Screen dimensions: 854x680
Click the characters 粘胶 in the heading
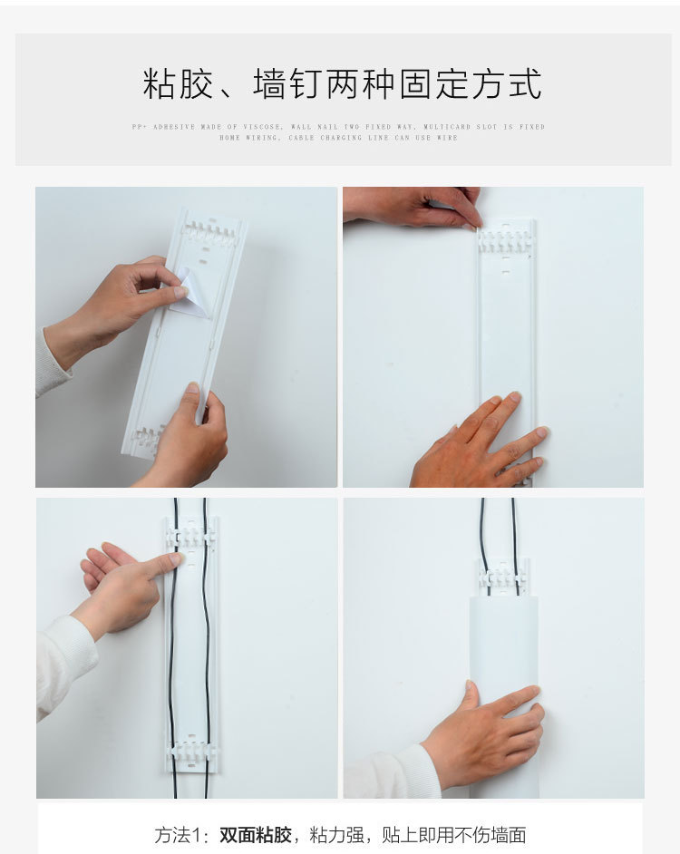179,84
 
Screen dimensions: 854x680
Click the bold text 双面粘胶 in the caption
255,835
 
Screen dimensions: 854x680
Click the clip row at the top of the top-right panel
506,240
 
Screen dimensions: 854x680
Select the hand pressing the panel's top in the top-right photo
417,206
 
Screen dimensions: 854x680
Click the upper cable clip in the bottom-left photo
191,537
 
